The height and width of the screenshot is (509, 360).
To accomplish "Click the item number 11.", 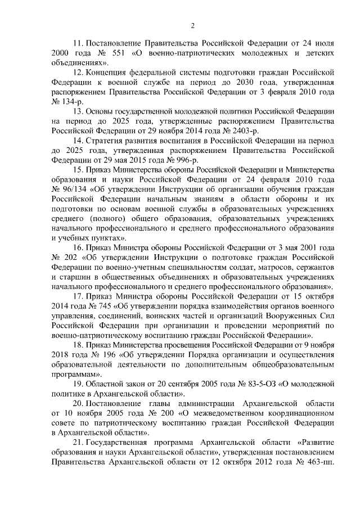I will tap(79, 43).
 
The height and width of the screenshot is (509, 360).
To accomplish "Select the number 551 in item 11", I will tap(122, 53).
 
